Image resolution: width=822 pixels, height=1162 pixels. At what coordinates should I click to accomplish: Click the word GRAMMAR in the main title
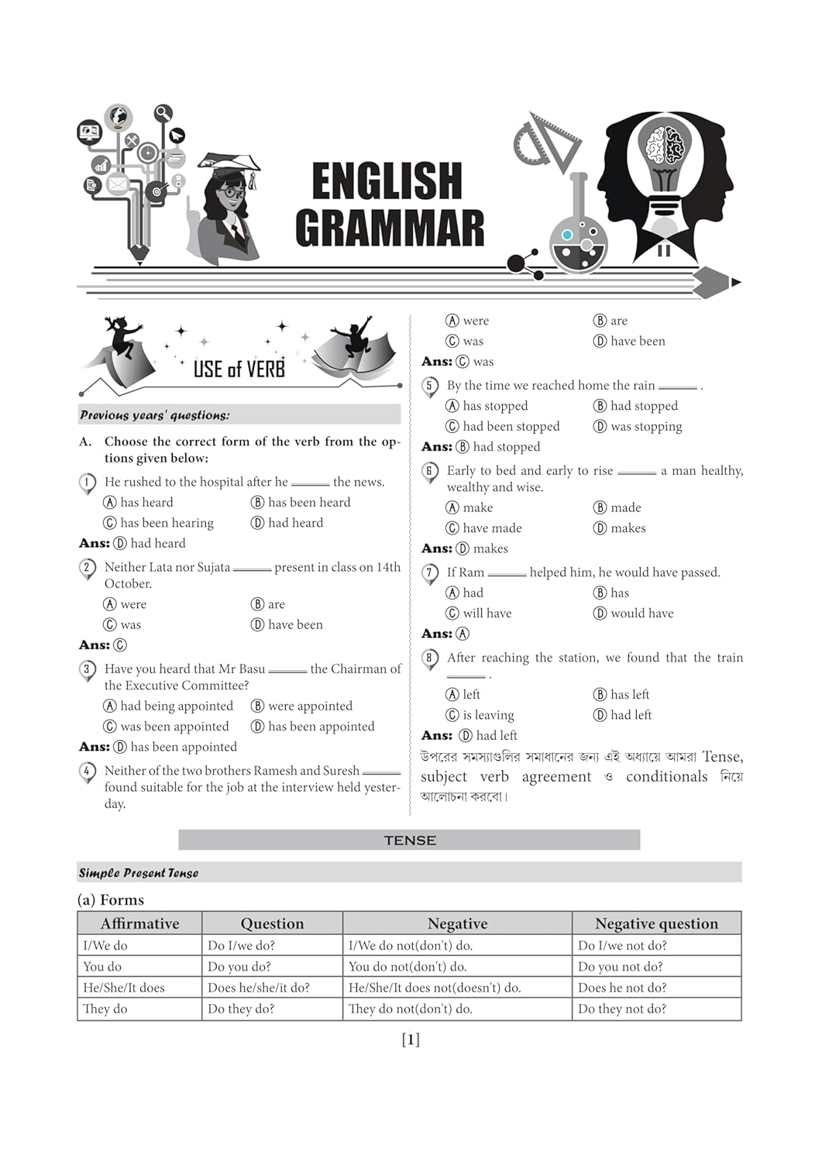point(390,229)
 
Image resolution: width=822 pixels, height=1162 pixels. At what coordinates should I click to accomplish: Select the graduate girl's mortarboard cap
point(229,163)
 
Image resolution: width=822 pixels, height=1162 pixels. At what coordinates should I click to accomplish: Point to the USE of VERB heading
point(239,370)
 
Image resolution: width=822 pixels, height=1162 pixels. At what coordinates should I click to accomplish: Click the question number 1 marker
point(87,483)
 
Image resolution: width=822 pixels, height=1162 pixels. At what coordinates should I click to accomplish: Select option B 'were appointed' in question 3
point(301,706)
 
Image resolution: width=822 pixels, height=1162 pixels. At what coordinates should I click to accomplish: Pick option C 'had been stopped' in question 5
point(503,426)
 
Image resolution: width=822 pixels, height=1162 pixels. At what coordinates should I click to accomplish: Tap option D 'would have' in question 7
point(634,613)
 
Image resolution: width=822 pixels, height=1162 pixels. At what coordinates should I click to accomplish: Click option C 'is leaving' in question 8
point(480,715)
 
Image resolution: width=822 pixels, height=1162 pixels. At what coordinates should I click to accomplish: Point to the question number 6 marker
point(429,471)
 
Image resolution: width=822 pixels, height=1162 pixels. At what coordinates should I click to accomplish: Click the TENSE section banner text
point(410,841)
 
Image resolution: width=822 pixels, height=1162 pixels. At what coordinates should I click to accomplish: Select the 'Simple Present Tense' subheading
point(139,873)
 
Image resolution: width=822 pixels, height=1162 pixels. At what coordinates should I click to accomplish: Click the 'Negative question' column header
point(656,923)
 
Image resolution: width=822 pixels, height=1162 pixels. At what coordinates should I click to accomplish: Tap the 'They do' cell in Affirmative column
point(105,1009)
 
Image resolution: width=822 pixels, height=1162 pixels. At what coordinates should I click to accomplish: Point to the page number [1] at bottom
point(411,1040)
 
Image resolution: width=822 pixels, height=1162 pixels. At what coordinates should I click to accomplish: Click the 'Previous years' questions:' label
point(155,415)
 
